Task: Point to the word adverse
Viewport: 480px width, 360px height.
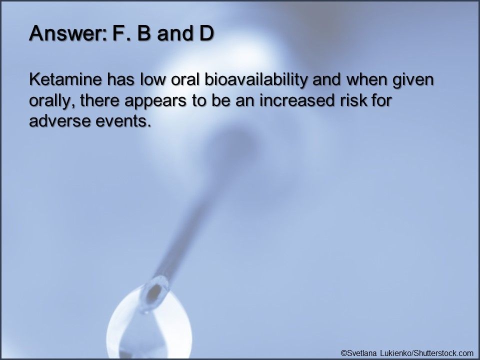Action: click(58, 121)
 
